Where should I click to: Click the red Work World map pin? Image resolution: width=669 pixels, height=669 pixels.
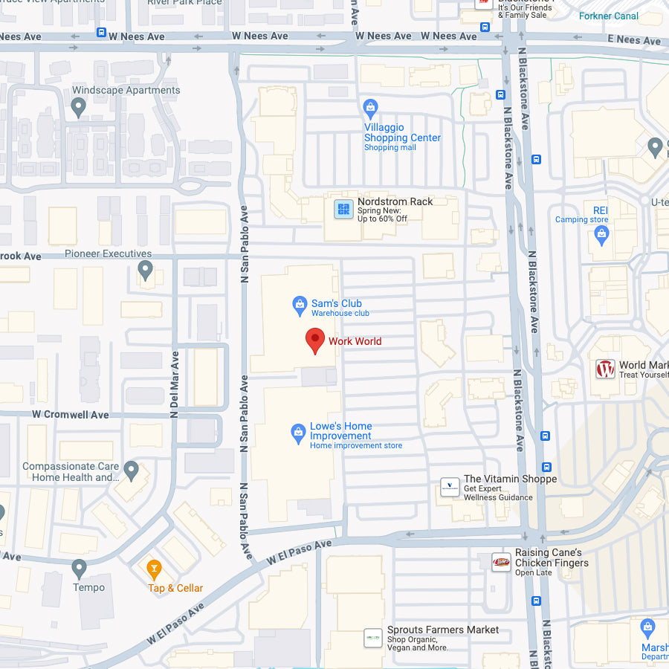click(315, 340)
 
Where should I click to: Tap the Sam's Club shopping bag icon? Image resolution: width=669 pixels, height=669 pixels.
click(300, 304)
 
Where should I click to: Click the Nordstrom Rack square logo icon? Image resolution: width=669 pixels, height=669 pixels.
click(343, 209)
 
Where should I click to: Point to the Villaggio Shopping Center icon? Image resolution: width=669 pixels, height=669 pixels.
click(370, 109)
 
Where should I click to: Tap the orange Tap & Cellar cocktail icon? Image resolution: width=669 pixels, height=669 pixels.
click(154, 569)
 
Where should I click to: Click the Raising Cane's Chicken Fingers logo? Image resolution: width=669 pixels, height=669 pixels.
click(501, 562)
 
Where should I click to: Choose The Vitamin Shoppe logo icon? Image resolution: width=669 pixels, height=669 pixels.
click(450, 487)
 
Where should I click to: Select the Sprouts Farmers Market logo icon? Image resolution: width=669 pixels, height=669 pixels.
click(372, 638)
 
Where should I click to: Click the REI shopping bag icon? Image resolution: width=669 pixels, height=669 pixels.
click(602, 236)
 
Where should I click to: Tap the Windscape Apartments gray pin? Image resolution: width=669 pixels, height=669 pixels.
click(79, 108)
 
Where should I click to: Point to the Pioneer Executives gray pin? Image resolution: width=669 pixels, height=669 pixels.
click(146, 269)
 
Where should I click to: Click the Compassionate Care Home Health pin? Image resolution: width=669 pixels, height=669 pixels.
click(132, 470)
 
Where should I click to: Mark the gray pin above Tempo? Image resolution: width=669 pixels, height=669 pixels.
click(80, 569)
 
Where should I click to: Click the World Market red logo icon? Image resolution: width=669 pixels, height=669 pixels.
click(606, 369)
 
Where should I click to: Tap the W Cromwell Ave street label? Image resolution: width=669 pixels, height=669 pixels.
click(70, 415)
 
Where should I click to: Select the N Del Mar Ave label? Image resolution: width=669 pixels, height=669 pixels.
click(175, 384)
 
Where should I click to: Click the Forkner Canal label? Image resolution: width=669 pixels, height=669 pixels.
click(609, 16)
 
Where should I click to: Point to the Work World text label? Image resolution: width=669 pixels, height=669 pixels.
click(355, 341)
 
